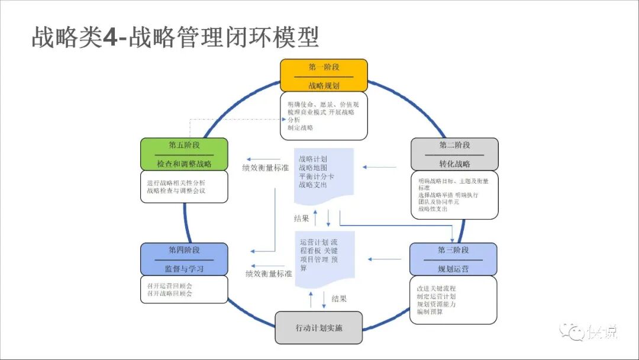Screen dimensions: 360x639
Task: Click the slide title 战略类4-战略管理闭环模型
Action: pyautogui.click(x=175, y=37)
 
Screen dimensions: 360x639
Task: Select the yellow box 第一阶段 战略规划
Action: pyautogui.click(x=324, y=76)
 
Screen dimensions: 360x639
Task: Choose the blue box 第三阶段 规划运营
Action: pyautogui.click(x=453, y=259)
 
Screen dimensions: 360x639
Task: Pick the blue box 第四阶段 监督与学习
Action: pyautogui.click(x=184, y=259)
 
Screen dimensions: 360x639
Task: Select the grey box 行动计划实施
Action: pyautogui.click(x=319, y=327)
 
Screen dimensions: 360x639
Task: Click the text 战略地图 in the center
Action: pyautogui.click(x=313, y=168)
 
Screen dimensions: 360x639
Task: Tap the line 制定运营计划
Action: pyautogui.click(x=436, y=296)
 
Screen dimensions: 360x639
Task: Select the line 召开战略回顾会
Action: pyautogui.click(x=170, y=293)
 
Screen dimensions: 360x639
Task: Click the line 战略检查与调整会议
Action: pyautogui.click(x=176, y=191)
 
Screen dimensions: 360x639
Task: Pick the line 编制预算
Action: pyautogui.click(x=430, y=311)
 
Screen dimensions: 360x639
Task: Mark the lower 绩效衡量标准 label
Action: pyautogui.click(x=269, y=274)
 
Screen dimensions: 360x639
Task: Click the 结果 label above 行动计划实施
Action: pyautogui.click(x=339, y=298)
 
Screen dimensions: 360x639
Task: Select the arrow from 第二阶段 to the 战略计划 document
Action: pyautogui.click(x=380, y=167)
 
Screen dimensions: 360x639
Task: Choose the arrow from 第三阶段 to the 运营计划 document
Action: pyautogui.click(x=385, y=259)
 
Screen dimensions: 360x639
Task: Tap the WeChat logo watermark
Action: pyautogui.click(x=570, y=332)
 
